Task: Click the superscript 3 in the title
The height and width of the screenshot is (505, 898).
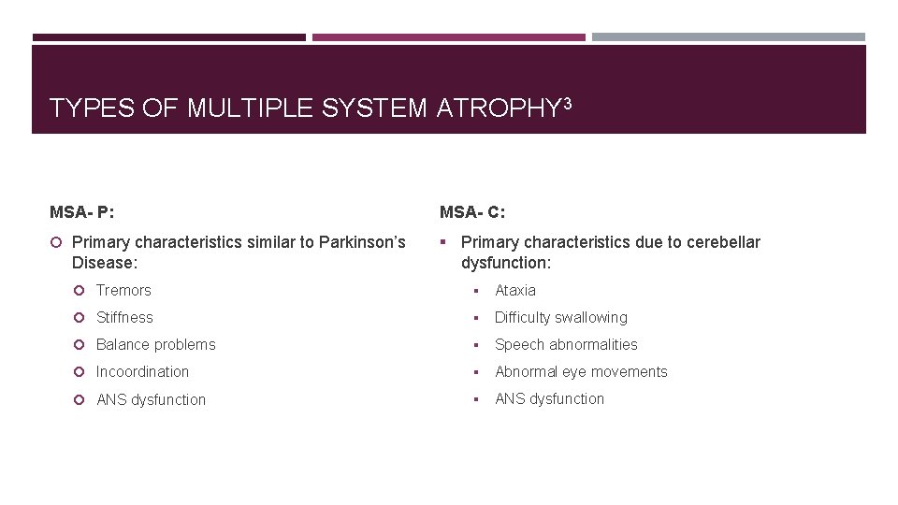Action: pos(565,102)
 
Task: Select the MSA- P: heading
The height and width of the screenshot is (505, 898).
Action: pos(82,212)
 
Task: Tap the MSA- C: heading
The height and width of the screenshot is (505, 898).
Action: pos(472,212)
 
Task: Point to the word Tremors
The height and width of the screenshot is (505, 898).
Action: pos(123,291)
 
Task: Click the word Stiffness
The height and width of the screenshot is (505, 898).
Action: pos(124,318)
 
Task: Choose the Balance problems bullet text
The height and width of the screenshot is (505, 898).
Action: pos(155,345)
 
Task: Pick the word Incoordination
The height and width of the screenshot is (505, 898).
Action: pos(142,372)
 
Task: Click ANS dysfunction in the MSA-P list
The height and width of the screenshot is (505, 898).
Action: pos(152,400)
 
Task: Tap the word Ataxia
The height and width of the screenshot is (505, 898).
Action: pos(515,291)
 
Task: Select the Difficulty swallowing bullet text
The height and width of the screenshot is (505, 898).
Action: pos(561,318)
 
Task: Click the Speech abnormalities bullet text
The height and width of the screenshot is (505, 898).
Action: pos(566,345)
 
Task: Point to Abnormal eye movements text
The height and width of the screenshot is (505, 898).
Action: pos(581,372)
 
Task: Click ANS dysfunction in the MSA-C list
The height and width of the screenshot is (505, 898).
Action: pos(549,399)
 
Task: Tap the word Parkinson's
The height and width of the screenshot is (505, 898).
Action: pos(362,243)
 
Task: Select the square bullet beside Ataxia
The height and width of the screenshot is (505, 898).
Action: pos(477,291)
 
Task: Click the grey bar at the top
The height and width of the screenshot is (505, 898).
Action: pos(729,37)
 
